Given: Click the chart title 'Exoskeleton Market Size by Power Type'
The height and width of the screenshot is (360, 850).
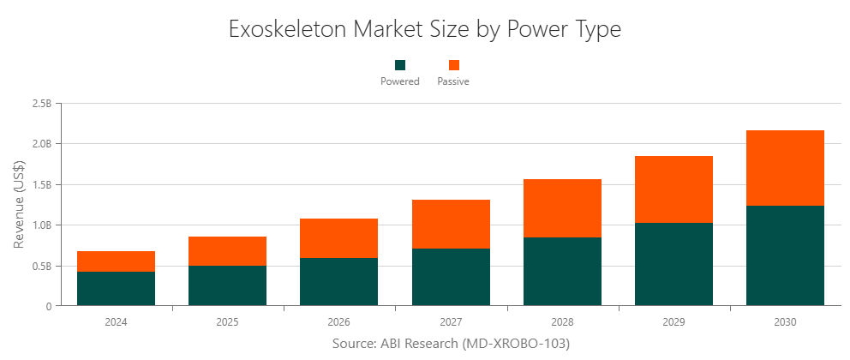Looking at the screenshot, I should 425,29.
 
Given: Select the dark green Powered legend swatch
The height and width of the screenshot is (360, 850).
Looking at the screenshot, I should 400,65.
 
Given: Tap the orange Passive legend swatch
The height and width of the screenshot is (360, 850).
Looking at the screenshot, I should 453,65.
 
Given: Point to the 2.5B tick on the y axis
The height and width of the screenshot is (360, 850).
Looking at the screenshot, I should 41,104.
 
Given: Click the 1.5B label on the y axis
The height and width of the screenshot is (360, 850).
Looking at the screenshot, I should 41,184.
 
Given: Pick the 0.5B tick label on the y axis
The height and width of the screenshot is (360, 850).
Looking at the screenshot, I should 41,266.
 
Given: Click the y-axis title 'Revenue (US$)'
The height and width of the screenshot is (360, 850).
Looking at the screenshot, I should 19,204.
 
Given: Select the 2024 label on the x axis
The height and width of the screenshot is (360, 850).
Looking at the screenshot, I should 116,322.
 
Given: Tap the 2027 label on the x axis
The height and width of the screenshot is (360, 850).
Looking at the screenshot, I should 451,322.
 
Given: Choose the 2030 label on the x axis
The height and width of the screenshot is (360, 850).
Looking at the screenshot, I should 785,322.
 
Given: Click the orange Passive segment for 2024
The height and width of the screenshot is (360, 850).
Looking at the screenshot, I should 116,261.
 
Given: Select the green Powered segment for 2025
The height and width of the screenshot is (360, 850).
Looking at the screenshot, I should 227,285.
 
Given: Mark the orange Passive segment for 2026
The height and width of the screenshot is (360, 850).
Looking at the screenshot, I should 338,238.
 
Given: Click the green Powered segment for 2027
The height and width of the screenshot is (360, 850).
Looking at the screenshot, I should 451,277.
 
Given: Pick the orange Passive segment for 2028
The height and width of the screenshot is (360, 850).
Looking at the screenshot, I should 562,208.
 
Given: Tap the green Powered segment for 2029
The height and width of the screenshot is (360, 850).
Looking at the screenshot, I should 673,264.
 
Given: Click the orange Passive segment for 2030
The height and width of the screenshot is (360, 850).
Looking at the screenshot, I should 785,168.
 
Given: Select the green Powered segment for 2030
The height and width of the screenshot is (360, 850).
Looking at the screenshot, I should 785,255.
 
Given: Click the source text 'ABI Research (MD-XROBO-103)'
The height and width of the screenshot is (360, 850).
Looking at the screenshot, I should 451,344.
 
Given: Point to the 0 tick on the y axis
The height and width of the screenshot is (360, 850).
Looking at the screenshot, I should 49,306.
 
